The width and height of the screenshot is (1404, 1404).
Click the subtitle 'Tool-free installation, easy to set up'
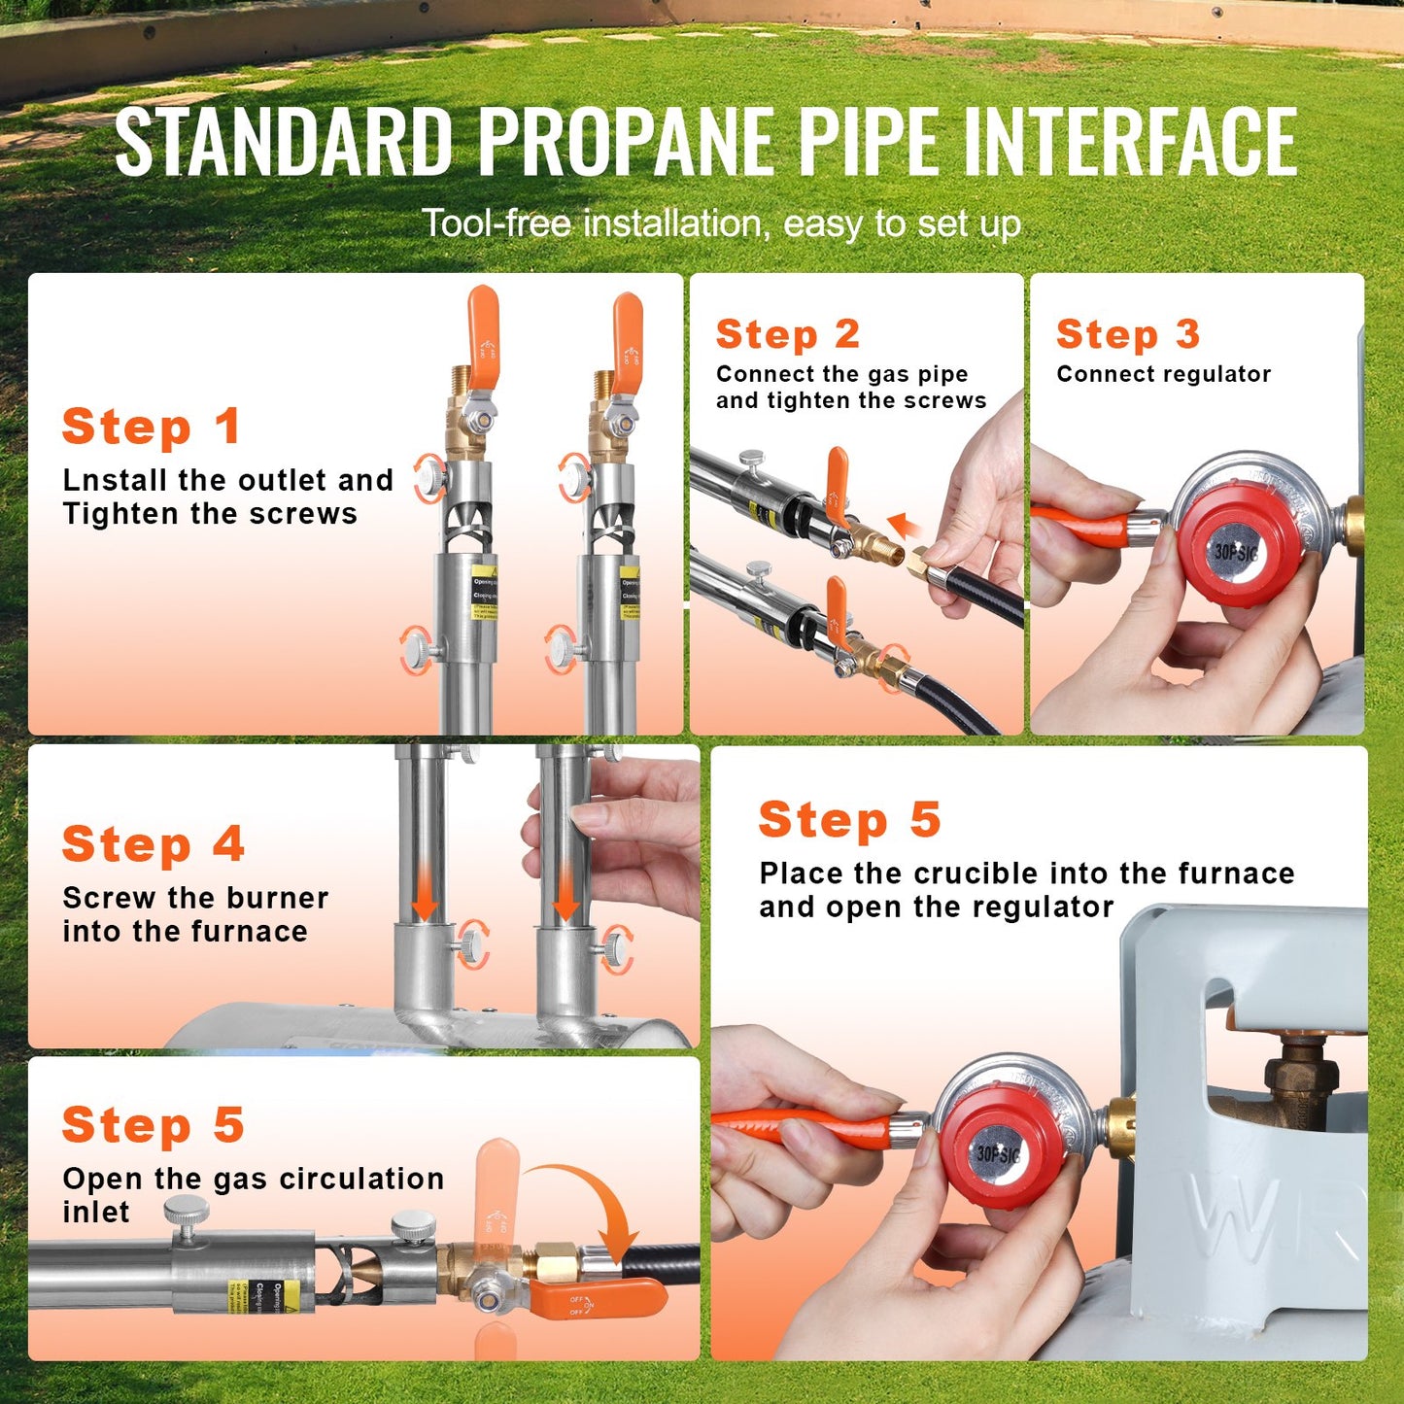(721, 223)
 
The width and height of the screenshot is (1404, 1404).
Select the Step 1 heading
(151, 428)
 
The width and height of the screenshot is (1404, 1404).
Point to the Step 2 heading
(788, 334)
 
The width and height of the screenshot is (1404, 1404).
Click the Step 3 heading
(1128, 334)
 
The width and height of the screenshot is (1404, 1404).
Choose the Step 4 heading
(153, 844)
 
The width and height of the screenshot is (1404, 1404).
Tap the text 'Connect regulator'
(1163, 374)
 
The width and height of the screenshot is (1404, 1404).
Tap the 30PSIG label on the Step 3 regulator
(1236, 553)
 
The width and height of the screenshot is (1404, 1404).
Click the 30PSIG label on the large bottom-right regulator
(998, 1154)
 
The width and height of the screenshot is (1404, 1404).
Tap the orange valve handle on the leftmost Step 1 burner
(482, 333)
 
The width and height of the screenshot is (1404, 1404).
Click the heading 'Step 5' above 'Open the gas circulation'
(153, 1125)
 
